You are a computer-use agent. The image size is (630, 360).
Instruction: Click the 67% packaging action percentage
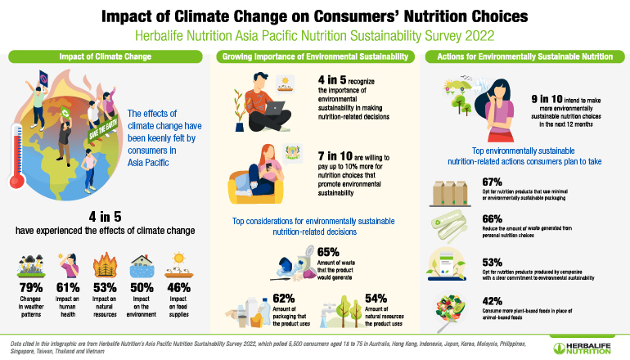tap(493, 182)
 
